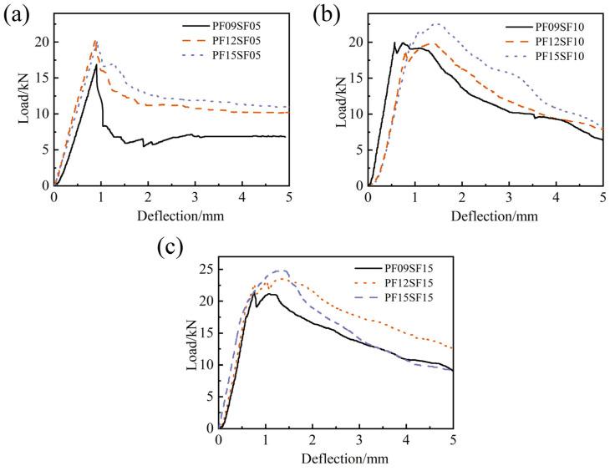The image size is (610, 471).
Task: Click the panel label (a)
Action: [x=17, y=14]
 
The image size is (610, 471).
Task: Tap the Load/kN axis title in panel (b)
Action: [x=340, y=104]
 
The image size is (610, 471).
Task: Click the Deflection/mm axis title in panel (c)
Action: [x=336, y=458]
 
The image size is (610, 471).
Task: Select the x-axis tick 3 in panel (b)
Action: [x=509, y=198]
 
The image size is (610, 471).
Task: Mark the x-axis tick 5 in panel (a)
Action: [x=288, y=198]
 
